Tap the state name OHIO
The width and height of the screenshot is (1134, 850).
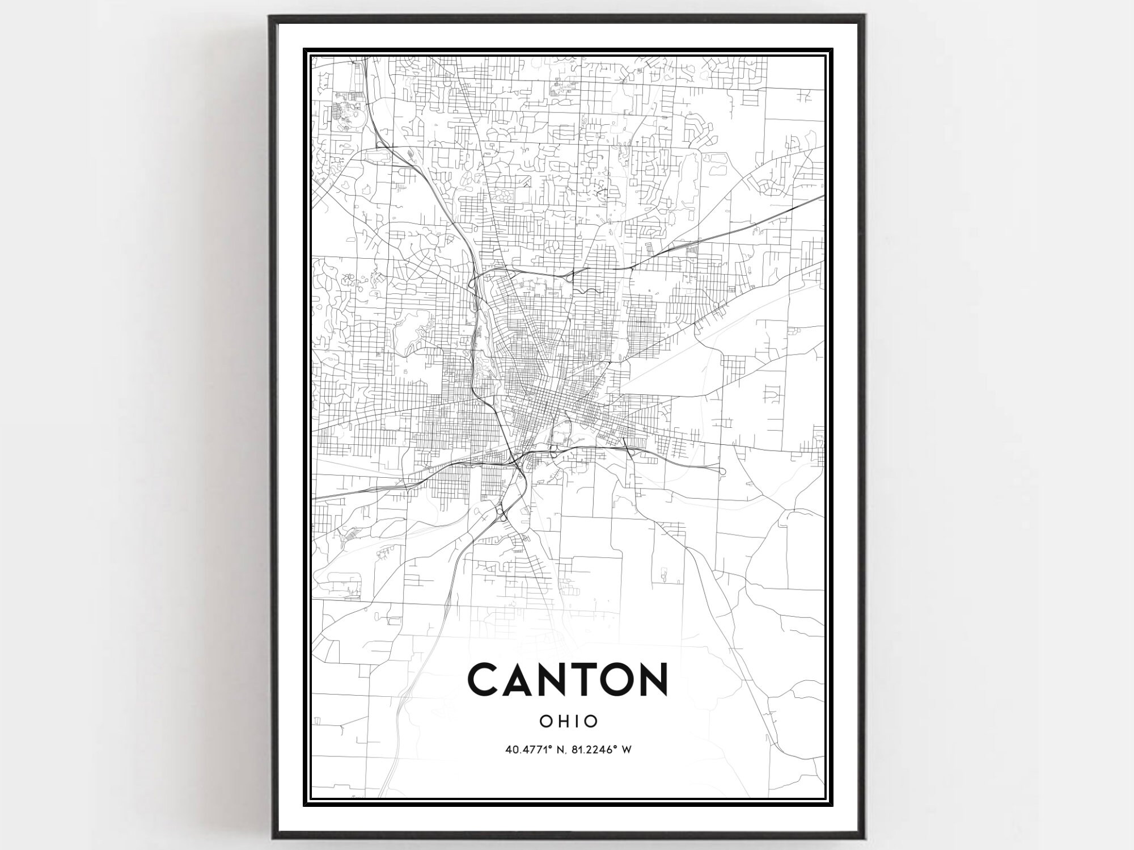[568, 721]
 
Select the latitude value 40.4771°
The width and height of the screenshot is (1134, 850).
[528, 750]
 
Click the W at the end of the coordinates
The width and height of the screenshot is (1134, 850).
[627, 750]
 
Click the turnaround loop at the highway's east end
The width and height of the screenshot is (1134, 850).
[722, 471]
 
